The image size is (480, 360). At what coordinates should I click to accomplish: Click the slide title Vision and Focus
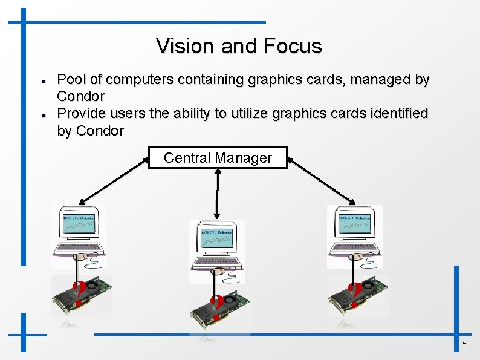(x=239, y=46)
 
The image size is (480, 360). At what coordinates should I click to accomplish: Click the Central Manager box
(x=218, y=158)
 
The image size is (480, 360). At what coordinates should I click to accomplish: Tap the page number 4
(x=464, y=343)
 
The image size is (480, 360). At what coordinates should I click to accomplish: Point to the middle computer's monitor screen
(x=217, y=238)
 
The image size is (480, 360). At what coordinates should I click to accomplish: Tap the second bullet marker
(x=37, y=114)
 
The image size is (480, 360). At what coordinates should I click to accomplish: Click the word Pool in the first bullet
(x=69, y=79)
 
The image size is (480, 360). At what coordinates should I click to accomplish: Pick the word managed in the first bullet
(x=378, y=79)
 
